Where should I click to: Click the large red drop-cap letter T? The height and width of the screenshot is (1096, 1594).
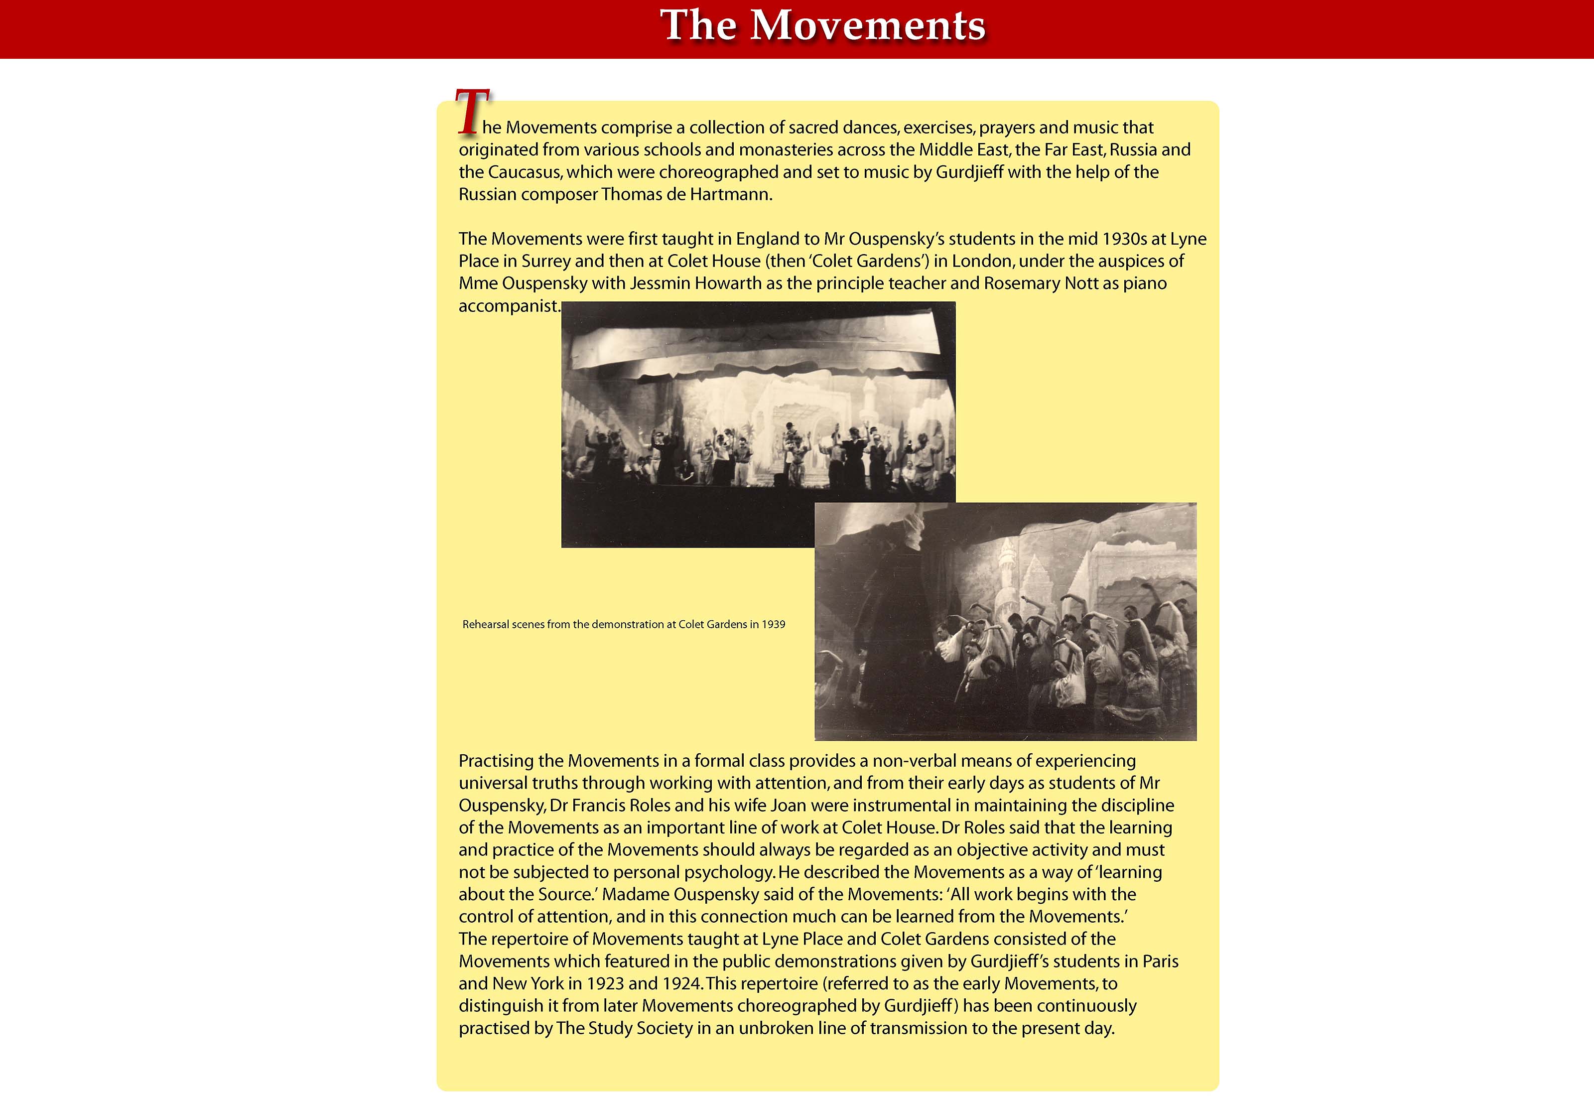(x=472, y=112)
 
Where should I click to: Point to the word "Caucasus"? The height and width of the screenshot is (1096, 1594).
(x=525, y=172)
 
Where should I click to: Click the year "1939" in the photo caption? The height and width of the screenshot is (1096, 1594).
(x=773, y=625)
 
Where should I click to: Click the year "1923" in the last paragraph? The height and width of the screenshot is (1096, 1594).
(x=605, y=984)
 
